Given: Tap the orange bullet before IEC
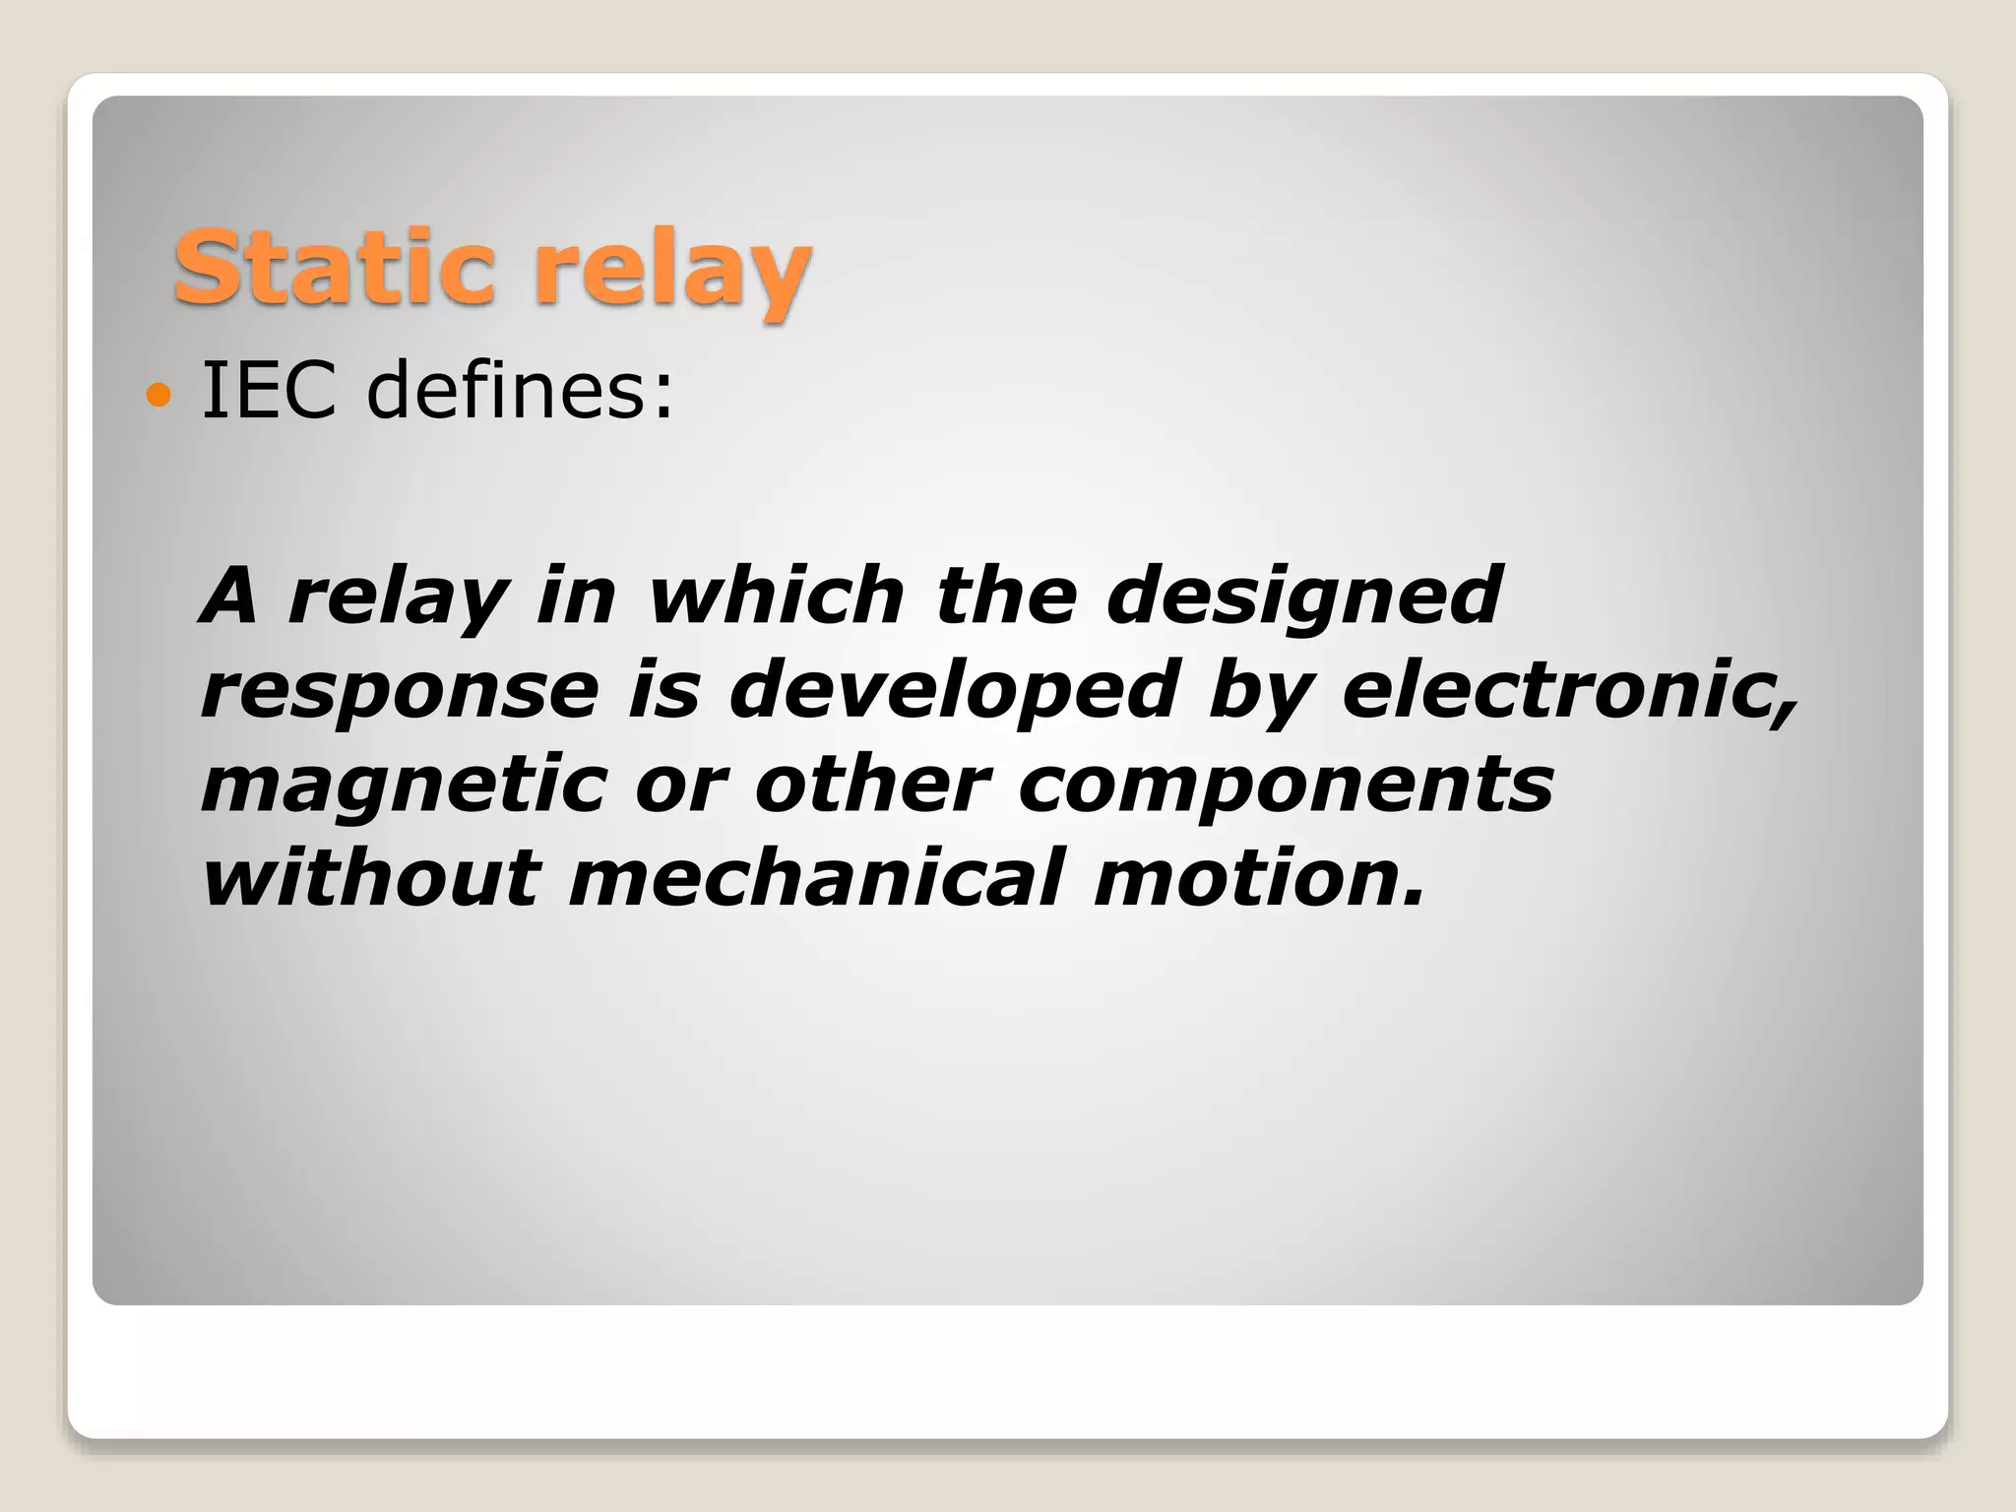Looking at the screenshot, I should click(157, 397).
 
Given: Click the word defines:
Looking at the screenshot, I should click(520, 391).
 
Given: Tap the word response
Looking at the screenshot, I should click(399, 692).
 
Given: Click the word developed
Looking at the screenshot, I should click(953, 692).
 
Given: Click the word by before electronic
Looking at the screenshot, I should click(1260, 692).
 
